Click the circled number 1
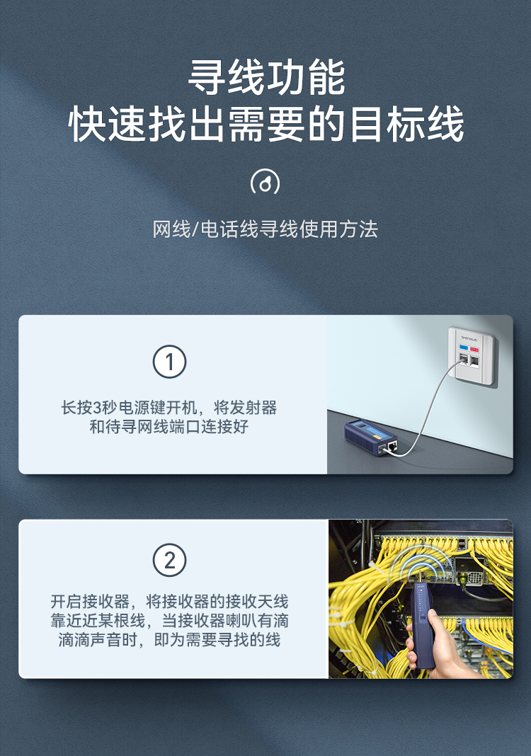pyautogui.click(x=169, y=362)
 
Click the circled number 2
pyautogui.click(x=169, y=560)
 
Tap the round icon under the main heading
pyautogui.click(x=265, y=182)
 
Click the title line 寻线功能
pyautogui.click(x=265, y=77)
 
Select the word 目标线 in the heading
pyautogui.click(x=406, y=125)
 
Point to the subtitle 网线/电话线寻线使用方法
pyautogui.click(x=265, y=229)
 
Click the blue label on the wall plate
pyautogui.click(x=464, y=347)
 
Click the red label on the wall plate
pyautogui.click(x=474, y=349)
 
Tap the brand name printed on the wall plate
pyautogui.click(x=469, y=338)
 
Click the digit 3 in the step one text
pyautogui.click(x=96, y=408)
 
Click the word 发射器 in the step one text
pyautogui.click(x=253, y=408)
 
